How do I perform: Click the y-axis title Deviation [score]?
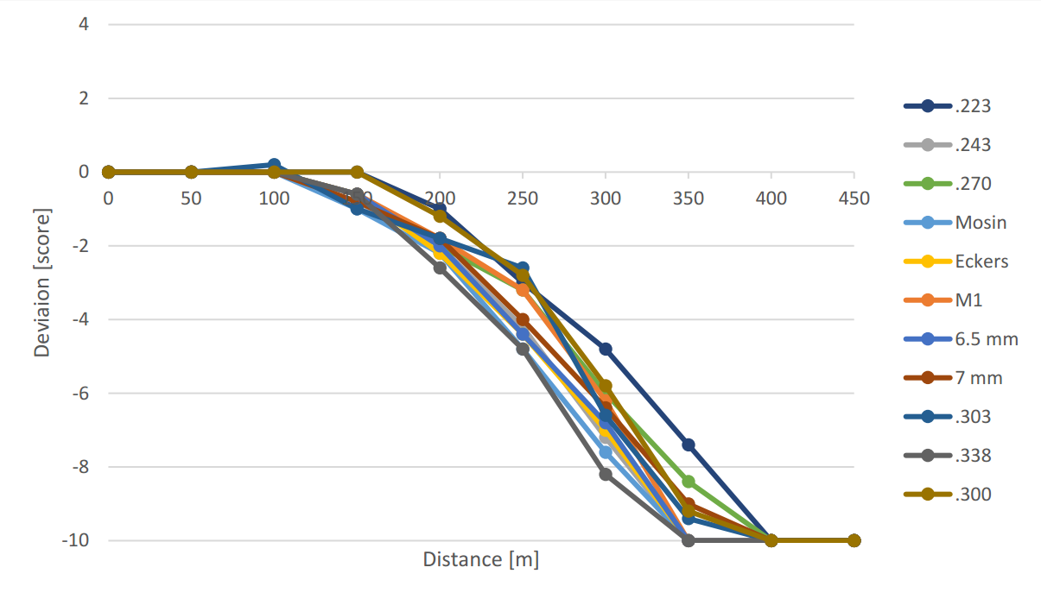point(41,281)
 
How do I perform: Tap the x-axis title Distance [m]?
point(480,559)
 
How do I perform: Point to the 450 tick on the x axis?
point(854,198)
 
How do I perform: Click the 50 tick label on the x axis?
point(191,198)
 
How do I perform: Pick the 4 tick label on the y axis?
point(84,24)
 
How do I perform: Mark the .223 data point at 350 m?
point(689,445)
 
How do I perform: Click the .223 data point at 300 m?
point(606,350)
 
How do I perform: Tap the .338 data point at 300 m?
point(606,474)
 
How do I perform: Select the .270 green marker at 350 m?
point(689,482)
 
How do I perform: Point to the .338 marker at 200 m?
point(440,268)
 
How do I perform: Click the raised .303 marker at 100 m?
point(274,165)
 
